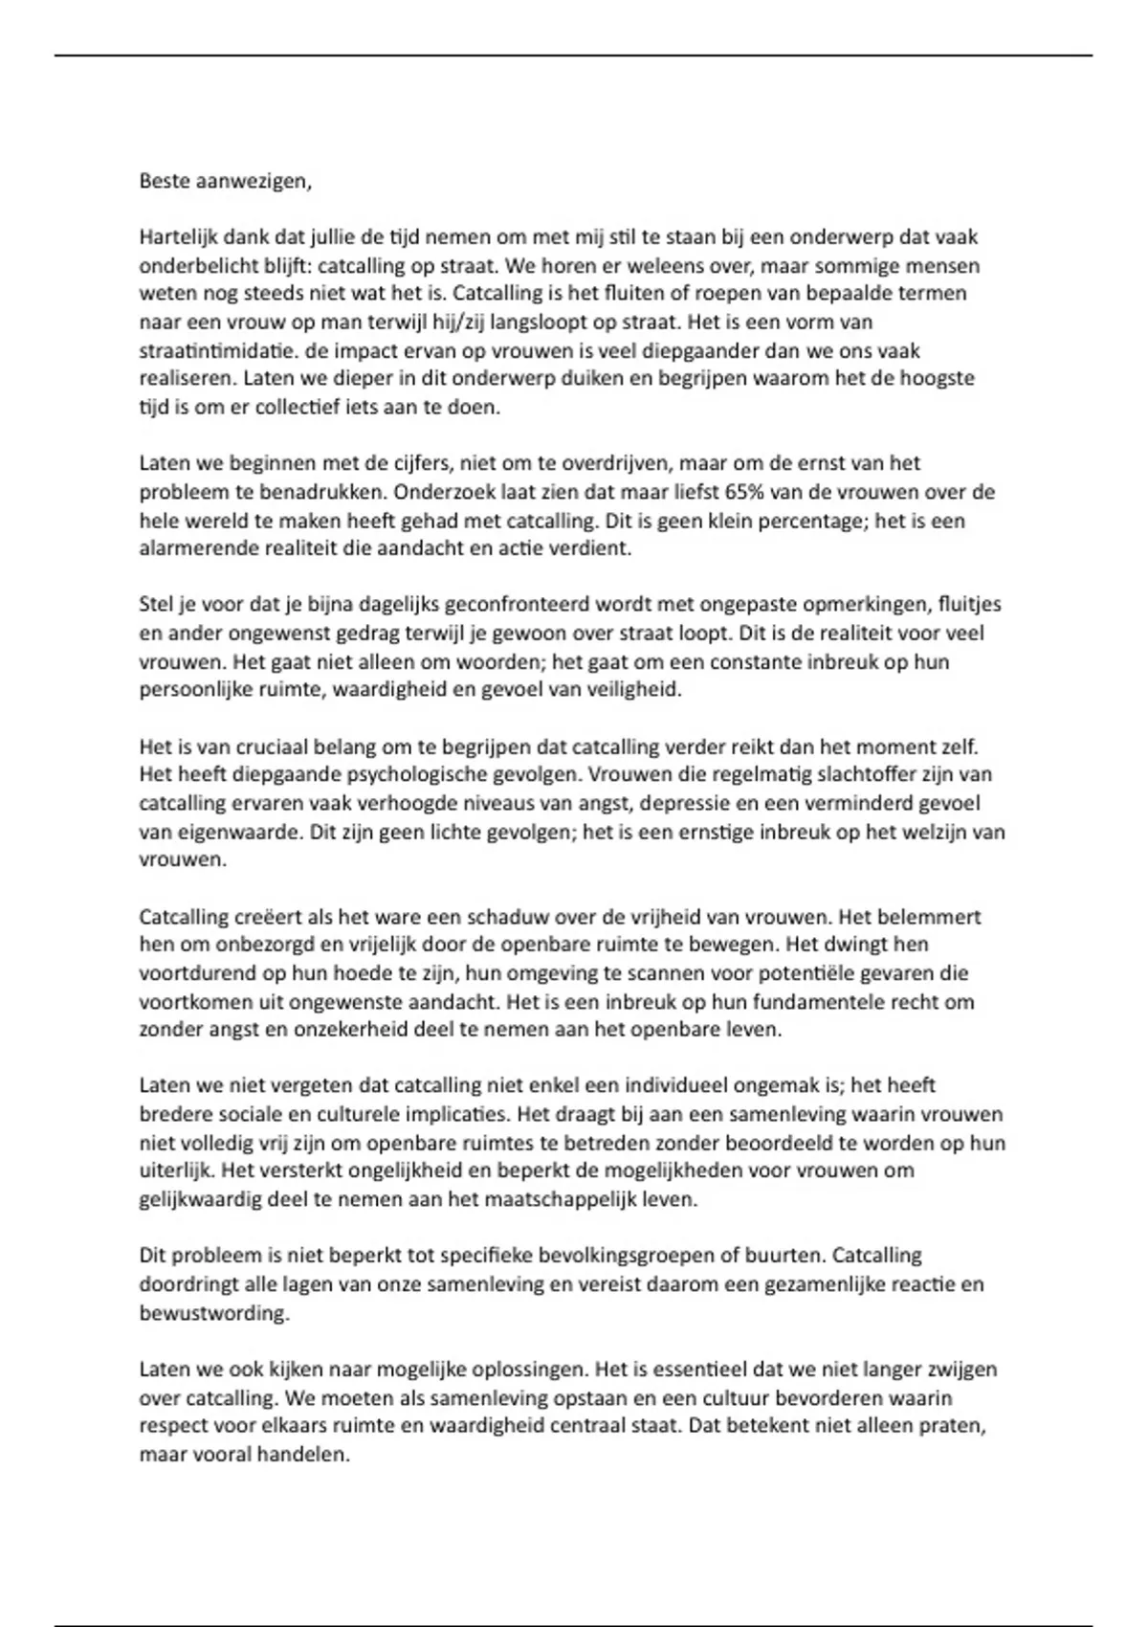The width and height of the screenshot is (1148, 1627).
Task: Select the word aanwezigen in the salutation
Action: click(x=253, y=181)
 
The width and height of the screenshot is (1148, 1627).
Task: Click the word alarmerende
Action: click(x=192, y=548)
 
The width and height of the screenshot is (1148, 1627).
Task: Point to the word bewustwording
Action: click(x=212, y=1312)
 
